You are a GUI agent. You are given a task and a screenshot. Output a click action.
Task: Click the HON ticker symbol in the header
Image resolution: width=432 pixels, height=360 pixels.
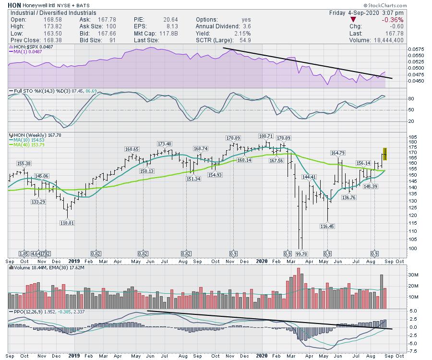14,5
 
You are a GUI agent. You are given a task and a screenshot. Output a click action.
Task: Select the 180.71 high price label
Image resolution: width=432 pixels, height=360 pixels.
265,136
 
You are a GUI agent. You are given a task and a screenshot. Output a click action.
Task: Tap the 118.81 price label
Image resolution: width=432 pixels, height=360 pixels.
66,223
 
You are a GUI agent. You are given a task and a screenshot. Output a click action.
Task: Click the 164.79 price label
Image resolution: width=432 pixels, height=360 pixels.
338,153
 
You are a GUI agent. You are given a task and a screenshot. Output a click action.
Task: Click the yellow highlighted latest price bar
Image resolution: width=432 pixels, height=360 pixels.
385,154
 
